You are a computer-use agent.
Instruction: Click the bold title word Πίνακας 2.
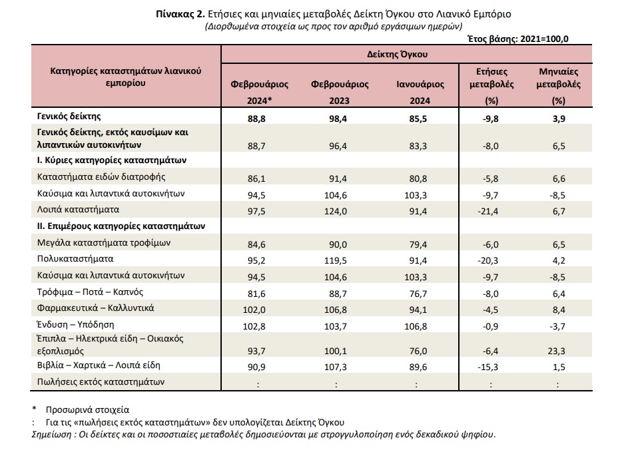pyautogui.click(x=180, y=15)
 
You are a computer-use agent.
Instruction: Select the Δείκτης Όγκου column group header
pyautogui.click(x=397, y=54)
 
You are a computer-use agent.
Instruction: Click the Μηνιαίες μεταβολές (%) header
pyautogui.click(x=559, y=86)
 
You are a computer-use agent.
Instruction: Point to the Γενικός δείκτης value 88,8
pyautogui.click(x=256, y=119)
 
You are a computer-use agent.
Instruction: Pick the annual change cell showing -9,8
pyautogui.click(x=490, y=119)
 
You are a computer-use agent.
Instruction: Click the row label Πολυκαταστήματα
pyautogui.click(x=75, y=259)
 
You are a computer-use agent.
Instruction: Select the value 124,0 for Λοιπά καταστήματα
pyautogui.click(x=336, y=212)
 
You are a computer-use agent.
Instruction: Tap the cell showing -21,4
pyautogui.click(x=488, y=212)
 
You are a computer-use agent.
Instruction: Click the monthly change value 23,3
pyautogui.click(x=557, y=351)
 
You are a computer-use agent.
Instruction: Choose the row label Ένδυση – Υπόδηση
pyautogui.click(x=75, y=325)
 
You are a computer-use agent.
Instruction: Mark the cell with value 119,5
pyautogui.click(x=336, y=261)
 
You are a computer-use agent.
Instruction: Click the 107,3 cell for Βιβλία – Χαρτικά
pyautogui.click(x=336, y=367)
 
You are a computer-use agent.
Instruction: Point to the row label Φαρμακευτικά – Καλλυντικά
pyautogui.click(x=95, y=308)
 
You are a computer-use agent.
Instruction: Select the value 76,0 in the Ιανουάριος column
pyautogui.click(x=418, y=351)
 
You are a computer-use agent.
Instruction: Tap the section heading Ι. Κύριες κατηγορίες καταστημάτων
pyautogui.click(x=112, y=160)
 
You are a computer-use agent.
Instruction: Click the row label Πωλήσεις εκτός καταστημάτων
pyautogui.click(x=101, y=382)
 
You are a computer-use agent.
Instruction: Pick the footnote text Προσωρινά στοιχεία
pyautogui.click(x=87, y=410)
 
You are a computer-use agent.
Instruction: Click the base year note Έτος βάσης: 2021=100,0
pyautogui.click(x=518, y=39)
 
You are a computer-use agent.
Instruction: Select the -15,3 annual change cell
pyautogui.click(x=488, y=367)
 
